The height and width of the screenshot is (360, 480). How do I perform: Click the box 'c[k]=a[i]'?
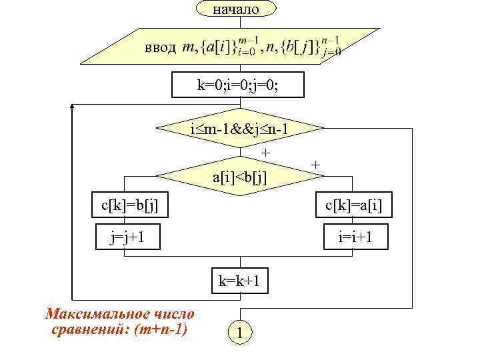pos(353,205)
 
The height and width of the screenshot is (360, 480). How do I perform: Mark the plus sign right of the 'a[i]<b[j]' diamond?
pos(316,164)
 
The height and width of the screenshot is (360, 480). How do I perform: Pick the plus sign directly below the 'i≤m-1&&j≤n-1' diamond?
pos(265,153)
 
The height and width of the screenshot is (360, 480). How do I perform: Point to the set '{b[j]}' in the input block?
pos(307,47)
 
